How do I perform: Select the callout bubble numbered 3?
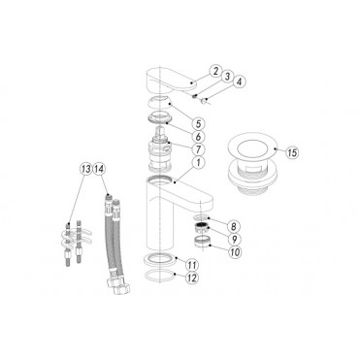(225, 77)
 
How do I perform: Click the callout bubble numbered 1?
(199, 165)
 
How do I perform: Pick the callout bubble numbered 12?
(192, 278)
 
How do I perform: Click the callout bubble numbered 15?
(294, 150)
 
